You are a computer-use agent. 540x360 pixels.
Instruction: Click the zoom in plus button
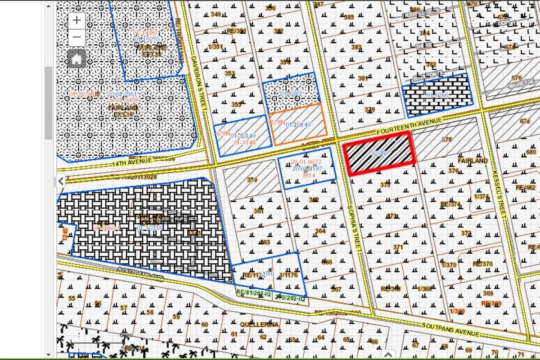click(77, 20)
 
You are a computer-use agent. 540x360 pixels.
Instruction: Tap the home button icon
click(76, 59)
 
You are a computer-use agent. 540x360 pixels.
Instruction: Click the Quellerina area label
click(259, 324)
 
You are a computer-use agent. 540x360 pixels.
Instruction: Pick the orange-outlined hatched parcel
click(298, 124)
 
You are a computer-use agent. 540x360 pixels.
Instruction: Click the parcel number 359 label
click(252, 180)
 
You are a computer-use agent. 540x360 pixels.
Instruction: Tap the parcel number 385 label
click(349, 17)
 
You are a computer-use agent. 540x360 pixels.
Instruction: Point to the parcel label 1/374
click(481, 196)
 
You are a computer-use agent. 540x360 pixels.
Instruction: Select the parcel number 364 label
click(320, 231)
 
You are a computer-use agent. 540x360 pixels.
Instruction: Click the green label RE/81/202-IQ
click(254, 292)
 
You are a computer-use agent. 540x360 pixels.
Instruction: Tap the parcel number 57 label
click(124, 308)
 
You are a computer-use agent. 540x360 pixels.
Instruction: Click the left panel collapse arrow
click(61, 181)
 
